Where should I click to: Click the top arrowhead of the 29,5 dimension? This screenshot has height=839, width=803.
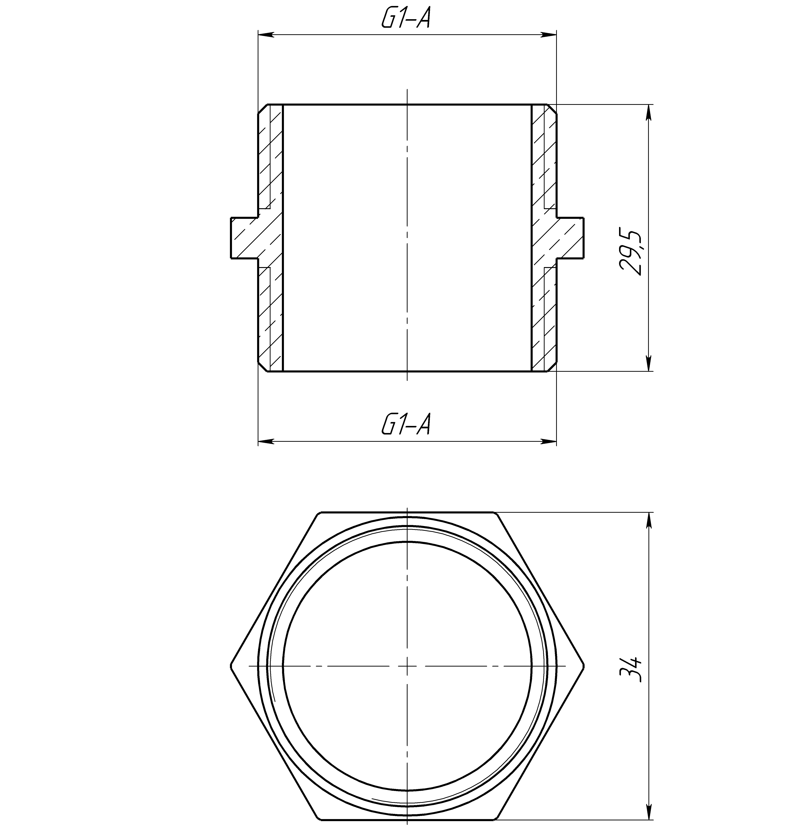pos(649,112)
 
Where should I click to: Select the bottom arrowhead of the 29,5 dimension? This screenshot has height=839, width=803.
pos(649,363)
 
